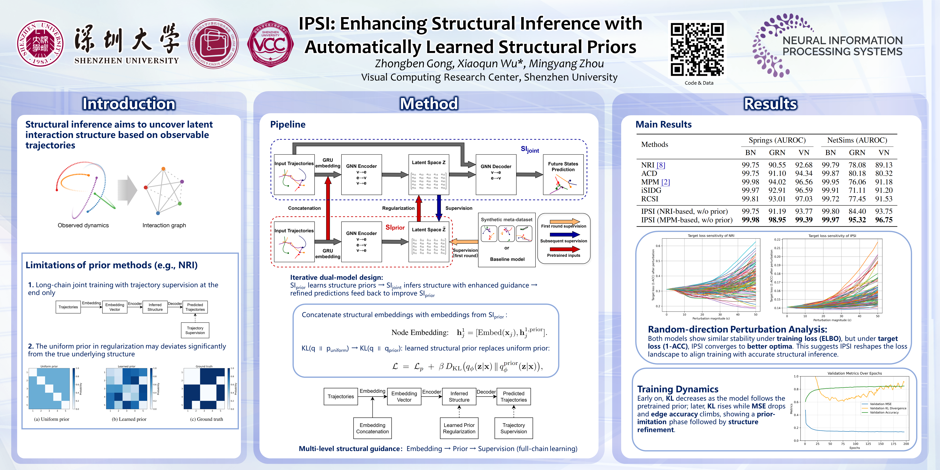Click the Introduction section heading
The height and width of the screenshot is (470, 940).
pos(129,104)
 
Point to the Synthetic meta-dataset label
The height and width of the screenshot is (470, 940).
pos(507,220)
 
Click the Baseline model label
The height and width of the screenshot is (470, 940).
pos(507,259)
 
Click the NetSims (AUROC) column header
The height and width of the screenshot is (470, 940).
pos(857,140)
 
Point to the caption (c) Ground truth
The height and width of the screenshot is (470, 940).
pos(206,419)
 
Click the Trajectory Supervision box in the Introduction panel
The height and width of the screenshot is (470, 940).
pos(195,330)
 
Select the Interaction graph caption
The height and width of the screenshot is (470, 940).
pos(164,225)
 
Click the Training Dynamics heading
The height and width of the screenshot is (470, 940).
pos(678,389)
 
